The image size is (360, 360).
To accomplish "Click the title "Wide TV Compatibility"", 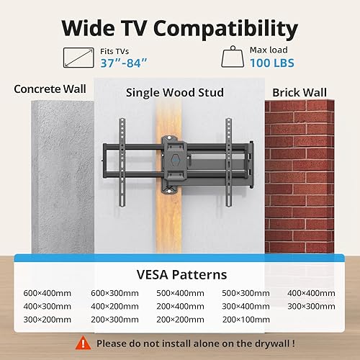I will (179, 28).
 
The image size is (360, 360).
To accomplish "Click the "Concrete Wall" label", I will (50, 90).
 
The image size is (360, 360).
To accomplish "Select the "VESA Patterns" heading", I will (181, 274).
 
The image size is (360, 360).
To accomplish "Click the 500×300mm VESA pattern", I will (246, 293).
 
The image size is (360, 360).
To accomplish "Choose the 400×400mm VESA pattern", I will (312, 293).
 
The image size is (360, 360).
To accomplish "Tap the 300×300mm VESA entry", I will (312, 306).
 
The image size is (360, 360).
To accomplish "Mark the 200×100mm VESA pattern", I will (246, 319).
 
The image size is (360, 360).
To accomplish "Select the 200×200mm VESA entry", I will (179, 319).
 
